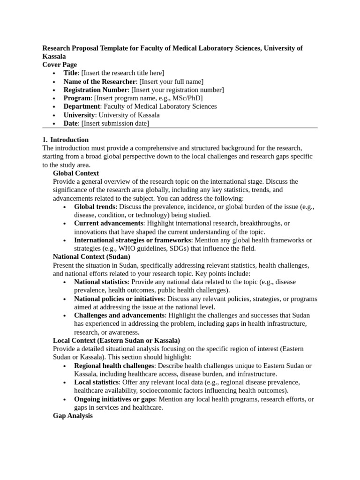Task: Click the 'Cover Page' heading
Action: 60,65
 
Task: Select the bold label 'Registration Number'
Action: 96,90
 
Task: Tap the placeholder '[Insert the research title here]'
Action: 123,73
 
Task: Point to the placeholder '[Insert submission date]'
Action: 115,124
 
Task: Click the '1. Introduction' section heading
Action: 65,140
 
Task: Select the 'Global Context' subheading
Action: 76,173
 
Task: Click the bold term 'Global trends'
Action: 94,207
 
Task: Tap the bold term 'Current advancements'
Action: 108,224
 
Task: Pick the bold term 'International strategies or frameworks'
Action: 132,240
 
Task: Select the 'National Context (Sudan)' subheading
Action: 91,257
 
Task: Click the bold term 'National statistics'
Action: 101,282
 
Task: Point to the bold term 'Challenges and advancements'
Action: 119,315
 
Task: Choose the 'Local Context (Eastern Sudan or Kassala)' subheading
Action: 116,341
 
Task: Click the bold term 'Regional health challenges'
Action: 114,366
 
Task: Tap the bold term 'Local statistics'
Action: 96,382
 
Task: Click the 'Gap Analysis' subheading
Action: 73,416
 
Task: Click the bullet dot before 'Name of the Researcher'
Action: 55,82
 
